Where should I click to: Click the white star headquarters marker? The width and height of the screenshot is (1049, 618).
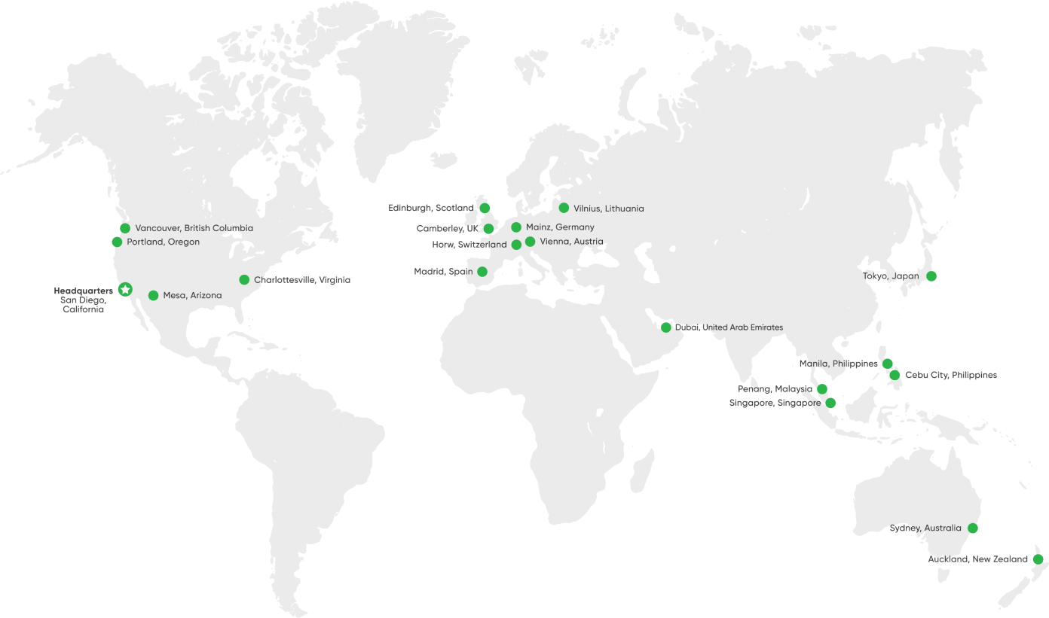[x=125, y=289]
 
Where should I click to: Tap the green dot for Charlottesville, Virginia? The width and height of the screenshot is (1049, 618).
[x=244, y=280]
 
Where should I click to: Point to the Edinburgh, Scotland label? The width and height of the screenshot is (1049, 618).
[x=431, y=207]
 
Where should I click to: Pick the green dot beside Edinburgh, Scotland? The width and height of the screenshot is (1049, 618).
[x=485, y=208]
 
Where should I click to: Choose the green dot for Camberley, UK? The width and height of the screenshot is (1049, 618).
[x=488, y=229]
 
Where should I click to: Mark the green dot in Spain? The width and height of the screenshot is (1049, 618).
[x=482, y=272]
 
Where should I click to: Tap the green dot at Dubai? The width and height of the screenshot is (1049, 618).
[x=666, y=327]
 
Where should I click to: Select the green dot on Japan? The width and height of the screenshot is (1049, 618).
[x=931, y=276]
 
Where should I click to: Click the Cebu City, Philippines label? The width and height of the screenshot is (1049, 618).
[x=951, y=375]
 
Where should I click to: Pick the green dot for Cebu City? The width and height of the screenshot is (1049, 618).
[x=895, y=375]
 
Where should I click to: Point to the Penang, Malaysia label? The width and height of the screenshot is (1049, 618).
[x=775, y=389]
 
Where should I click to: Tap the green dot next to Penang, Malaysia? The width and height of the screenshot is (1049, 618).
[x=822, y=389]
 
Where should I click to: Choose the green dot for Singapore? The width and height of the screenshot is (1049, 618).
[x=830, y=403]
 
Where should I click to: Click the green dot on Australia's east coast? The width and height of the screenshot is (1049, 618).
[x=973, y=528]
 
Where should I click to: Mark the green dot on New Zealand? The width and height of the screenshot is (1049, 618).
[x=1038, y=559]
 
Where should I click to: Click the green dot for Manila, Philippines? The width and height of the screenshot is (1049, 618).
[x=888, y=364]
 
